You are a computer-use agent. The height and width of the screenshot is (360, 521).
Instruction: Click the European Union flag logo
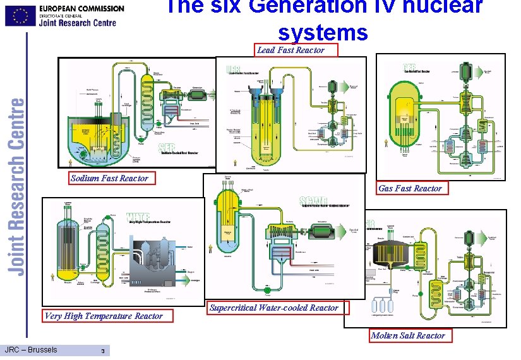(20, 16)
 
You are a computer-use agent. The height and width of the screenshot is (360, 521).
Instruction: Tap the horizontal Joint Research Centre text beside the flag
(78, 23)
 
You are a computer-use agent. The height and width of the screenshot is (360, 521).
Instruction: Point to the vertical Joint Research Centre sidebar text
(18, 186)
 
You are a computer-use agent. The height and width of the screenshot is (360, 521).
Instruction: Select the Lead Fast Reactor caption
(297, 50)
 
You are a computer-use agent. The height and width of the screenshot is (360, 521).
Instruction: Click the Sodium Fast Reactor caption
(109, 178)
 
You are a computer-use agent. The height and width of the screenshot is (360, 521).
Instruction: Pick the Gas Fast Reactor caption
(410, 188)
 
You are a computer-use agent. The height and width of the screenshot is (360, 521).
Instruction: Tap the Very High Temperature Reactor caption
(104, 316)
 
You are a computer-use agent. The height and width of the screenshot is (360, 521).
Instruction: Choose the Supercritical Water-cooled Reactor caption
(274, 308)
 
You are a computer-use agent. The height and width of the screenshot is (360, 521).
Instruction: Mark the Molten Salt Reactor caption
(407, 335)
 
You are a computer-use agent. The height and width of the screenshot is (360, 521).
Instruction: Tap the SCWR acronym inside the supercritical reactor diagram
(314, 201)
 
